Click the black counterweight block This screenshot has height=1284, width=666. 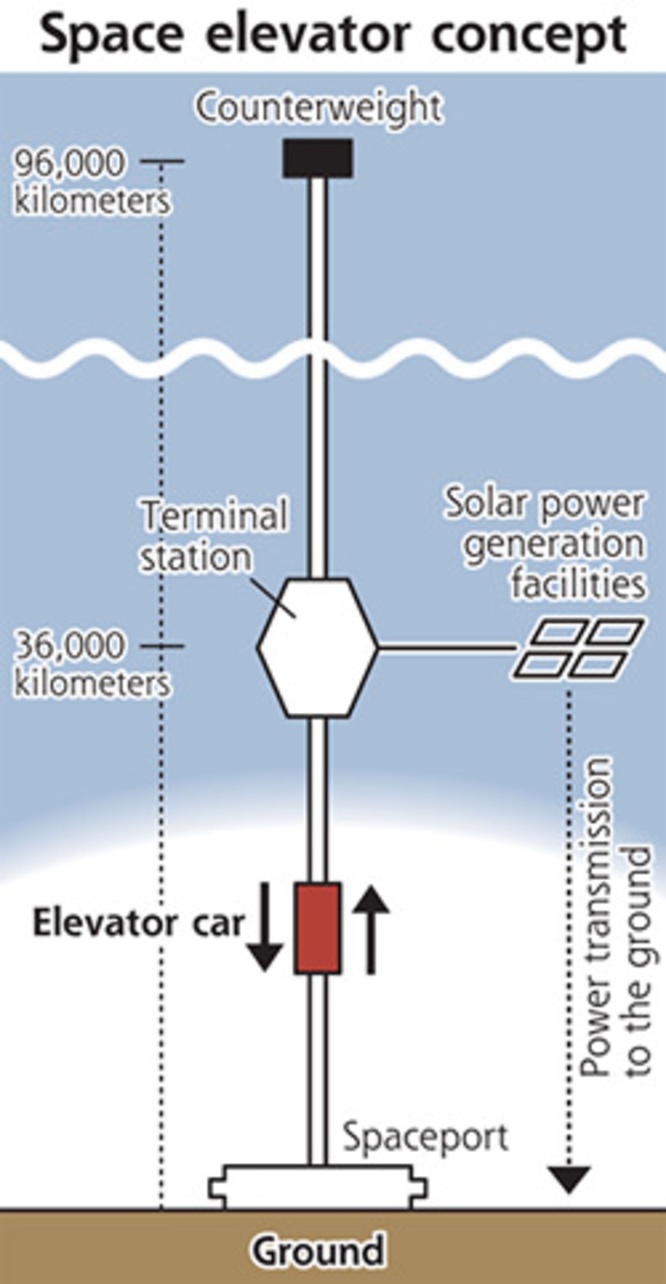click(317, 158)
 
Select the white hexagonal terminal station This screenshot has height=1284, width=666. click(317, 648)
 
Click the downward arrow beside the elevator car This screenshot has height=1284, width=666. click(265, 927)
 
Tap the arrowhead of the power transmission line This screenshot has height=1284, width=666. click(569, 1179)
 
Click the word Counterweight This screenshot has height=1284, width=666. click(319, 107)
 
